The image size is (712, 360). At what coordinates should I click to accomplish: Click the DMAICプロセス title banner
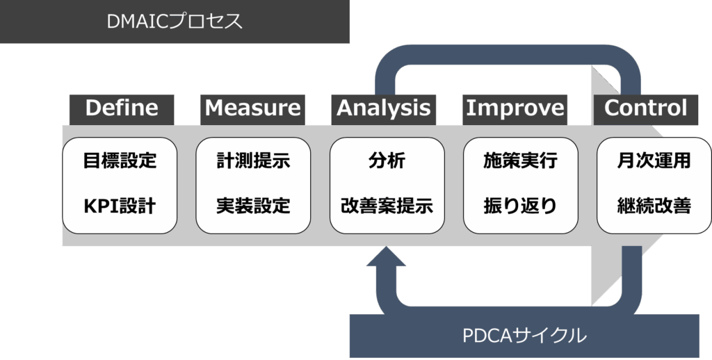(x=175, y=22)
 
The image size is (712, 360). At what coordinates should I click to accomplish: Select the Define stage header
(x=121, y=108)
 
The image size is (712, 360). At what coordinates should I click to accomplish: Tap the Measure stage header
(x=253, y=108)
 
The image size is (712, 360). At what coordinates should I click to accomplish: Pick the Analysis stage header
(x=383, y=108)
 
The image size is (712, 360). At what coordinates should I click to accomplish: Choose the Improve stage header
(x=515, y=108)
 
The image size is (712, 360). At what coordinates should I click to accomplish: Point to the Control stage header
(x=646, y=108)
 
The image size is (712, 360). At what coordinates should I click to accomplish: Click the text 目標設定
(x=120, y=161)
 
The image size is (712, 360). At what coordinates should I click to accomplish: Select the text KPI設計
(x=120, y=206)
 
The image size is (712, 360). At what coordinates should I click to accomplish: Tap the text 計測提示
(x=253, y=161)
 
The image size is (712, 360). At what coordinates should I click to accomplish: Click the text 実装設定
(x=253, y=206)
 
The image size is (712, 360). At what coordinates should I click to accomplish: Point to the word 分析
(x=387, y=161)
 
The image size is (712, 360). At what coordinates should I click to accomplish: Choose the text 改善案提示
(x=387, y=206)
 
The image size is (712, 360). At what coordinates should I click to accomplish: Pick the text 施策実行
(x=520, y=161)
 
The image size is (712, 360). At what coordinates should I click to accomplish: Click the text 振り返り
(x=520, y=206)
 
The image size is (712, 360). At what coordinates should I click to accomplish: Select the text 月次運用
(x=654, y=161)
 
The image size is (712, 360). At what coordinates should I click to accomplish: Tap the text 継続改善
(x=654, y=206)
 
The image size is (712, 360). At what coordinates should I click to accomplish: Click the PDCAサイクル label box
(x=524, y=336)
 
